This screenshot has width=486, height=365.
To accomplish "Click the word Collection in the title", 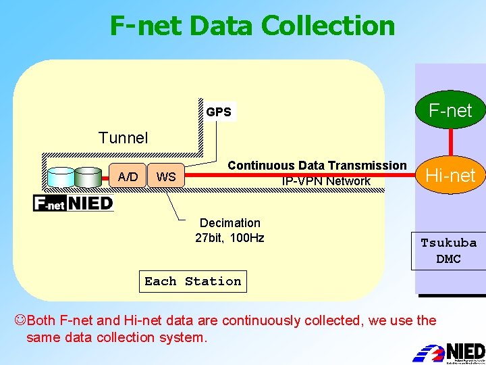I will point(327,26).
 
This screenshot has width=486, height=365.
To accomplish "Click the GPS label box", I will point(219,112).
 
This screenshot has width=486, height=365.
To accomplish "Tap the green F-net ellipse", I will point(450,110).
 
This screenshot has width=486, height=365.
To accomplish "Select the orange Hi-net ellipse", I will point(450,176).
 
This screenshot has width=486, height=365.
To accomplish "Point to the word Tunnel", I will point(123,138).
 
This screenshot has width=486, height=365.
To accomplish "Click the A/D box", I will point(128,177).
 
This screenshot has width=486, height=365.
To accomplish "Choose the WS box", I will point(166,177).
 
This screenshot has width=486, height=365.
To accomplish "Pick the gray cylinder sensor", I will point(88,177).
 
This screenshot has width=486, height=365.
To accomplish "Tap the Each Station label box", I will point(193,281).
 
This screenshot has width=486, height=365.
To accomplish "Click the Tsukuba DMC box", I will point(449,251).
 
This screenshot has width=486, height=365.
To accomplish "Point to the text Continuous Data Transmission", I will point(317,166).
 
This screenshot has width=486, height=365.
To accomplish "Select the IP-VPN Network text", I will point(327,181).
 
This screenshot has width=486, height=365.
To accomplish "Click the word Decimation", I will point(230,223).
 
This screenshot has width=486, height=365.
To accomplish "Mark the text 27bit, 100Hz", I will point(230,238).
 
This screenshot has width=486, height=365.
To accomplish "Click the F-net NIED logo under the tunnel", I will point(74,203).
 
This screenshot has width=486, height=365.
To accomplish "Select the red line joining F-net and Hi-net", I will point(450,143).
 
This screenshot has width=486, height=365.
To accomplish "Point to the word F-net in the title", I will point(145,26).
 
